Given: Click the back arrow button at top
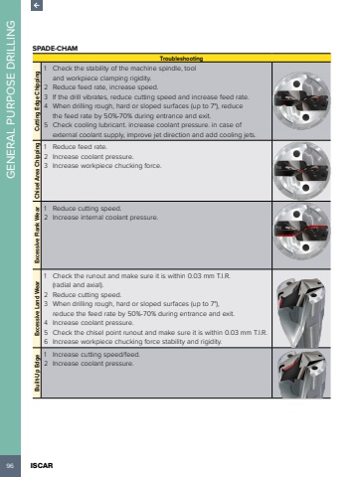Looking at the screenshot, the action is [x=37, y=5].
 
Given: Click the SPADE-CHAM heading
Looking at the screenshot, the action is [x=55, y=49].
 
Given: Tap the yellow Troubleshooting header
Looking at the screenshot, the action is [x=181, y=59].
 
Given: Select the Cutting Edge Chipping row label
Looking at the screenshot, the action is [x=37, y=101].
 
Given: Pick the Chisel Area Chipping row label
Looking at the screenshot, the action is [x=37, y=171].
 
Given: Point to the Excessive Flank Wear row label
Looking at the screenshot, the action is [x=37, y=235].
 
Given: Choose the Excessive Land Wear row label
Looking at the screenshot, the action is [x=37, y=309].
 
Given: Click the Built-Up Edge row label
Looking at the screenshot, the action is [x=37, y=373].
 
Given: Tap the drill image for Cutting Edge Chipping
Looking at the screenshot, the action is [x=301, y=100].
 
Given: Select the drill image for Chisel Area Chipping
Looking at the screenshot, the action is [x=301, y=171].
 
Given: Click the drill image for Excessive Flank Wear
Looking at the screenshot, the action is [x=301, y=232].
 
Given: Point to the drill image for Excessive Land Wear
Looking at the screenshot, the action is [x=302, y=312].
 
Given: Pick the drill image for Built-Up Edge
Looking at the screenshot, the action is [x=302, y=375].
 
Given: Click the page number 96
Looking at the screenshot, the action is [x=10, y=466].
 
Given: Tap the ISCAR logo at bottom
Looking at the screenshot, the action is [x=42, y=466].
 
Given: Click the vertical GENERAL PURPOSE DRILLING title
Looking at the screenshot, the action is [x=11, y=99].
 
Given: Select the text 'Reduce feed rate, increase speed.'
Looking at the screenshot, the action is [x=105, y=87].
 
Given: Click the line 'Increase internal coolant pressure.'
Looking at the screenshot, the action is [x=105, y=218].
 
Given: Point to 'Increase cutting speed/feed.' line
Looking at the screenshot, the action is [x=96, y=355].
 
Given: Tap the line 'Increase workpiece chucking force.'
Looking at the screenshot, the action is [x=106, y=166].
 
